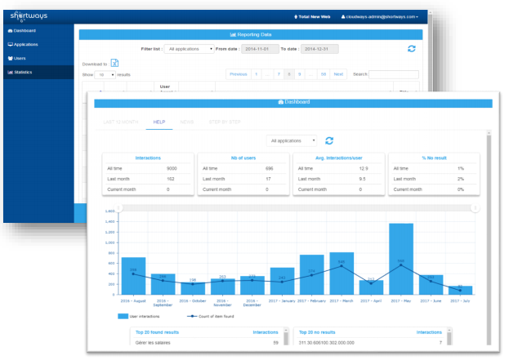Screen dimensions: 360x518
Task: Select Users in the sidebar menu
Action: point(20,59)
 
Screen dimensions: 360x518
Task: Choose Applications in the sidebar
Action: point(26,45)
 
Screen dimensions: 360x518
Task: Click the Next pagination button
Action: point(338,74)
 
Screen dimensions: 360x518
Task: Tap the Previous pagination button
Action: point(239,74)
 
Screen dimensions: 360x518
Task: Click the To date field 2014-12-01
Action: point(317,49)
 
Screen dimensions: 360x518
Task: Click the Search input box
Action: point(394,74)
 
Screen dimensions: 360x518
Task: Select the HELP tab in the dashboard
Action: point(159,121)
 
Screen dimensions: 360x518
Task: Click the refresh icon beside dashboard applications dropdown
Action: point(329,141)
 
